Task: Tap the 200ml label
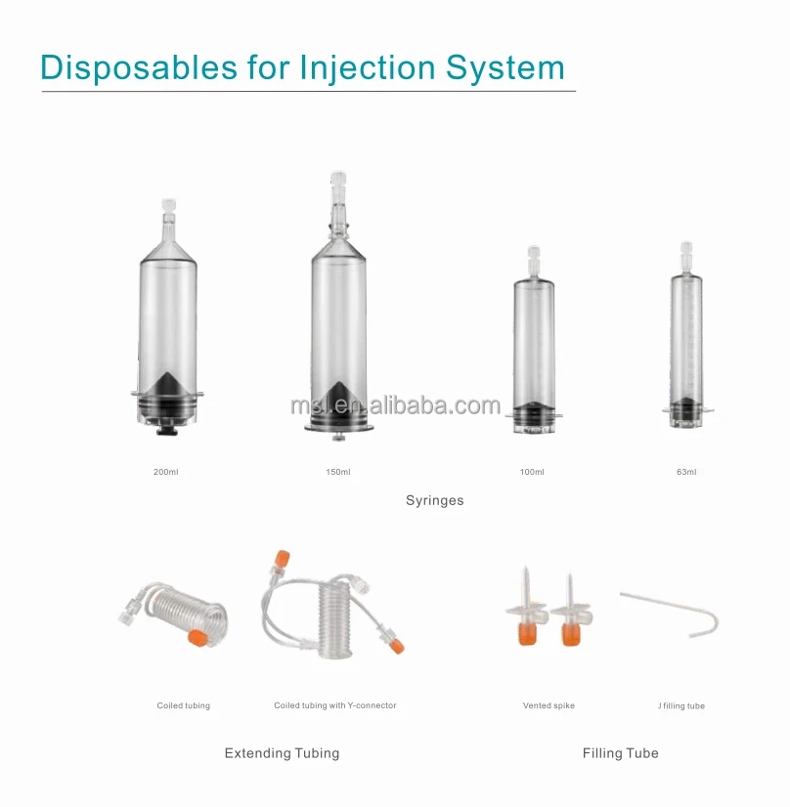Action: [x=166, y=473]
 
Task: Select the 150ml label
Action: [x=338, y=473]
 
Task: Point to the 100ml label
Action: [x=532, y=473]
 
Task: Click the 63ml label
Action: [x=686, y=473]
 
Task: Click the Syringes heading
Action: [x=435, y=500]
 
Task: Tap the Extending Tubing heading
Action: [x=282, y=753]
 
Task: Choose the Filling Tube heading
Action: [x=621, y=753]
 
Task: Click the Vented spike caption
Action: [x=549, y=705]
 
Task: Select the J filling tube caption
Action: [x=681, y=705]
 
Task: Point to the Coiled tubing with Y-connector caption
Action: [x=335, y=705]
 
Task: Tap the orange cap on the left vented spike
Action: [x=528, y=635]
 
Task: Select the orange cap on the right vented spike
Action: [x=571, y=635]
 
